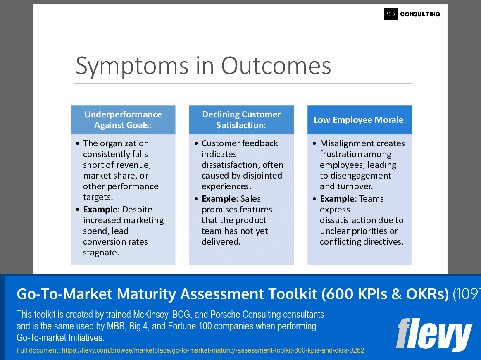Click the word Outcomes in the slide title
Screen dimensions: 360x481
tap(276, 66)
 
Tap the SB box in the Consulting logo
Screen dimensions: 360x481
tap(391, 14)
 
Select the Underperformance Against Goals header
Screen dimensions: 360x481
tap(123, 120)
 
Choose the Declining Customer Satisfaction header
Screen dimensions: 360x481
tap(241, 120)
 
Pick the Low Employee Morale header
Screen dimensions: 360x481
tap(360, 120)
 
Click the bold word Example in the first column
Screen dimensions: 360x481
tap(100, 210)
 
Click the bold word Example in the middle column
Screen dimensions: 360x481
tap(219, 199)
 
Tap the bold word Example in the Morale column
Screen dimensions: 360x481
tap(337, 199)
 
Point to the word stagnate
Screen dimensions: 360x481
tap(101, 253)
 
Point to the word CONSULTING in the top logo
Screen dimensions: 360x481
tap(420, 14)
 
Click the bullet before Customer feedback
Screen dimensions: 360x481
tap(196, 143)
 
